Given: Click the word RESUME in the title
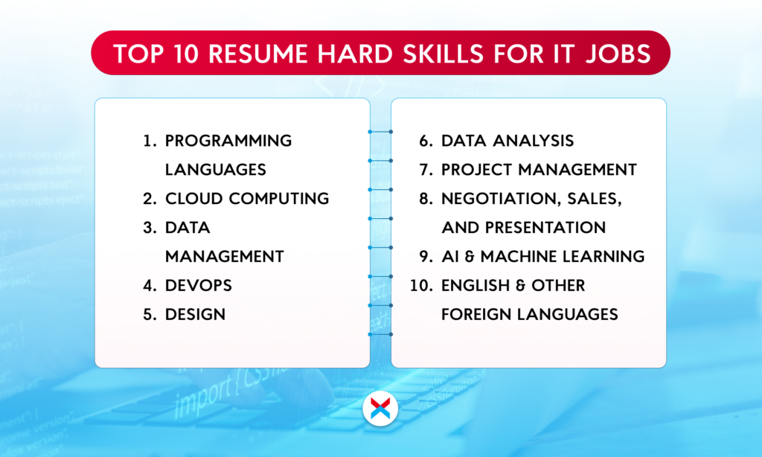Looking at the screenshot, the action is [258, 54].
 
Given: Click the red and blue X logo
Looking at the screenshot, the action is [380, 409].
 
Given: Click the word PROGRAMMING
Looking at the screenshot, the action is [228, 141].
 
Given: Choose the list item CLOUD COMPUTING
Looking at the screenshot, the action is [247, 199].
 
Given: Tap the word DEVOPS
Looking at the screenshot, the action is [198, 285].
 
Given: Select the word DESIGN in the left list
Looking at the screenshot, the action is [195, 315].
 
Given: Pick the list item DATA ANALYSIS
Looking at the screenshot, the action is [508, 141].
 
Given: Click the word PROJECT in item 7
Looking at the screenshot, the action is [473, 170].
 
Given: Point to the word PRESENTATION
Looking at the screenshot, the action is [545, 228].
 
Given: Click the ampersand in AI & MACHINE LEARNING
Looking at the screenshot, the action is [470, 256].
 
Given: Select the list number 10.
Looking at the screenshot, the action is [421, 285].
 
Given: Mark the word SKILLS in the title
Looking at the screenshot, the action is [444, 54].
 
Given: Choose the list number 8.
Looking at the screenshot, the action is [426, 199].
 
